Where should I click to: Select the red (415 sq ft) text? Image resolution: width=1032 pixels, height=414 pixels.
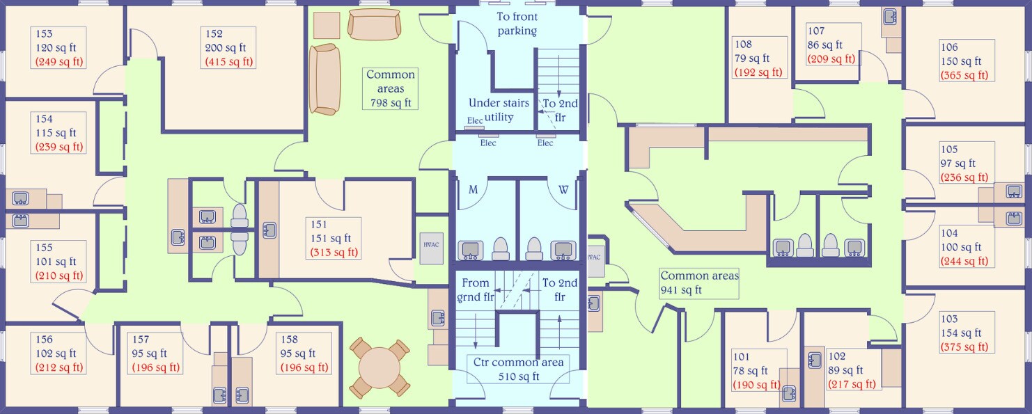(x=229, y=62)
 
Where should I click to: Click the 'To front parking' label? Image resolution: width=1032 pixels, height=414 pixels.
(x=517, y=24)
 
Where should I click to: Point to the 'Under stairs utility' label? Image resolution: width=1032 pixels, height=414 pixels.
(x=499, y=110)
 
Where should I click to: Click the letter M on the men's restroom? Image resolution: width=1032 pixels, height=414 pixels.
(x=473, y=189)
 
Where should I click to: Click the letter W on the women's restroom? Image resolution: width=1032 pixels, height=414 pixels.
(x=563, y=189)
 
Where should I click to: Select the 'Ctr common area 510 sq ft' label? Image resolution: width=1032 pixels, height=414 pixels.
(x=518, y=369)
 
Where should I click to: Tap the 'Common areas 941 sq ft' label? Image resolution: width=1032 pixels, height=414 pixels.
(x=699, y=283)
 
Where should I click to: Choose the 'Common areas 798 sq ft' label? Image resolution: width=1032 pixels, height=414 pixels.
(x=391, y=88)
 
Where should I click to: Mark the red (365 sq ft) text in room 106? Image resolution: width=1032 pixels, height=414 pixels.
(x=964, y=75)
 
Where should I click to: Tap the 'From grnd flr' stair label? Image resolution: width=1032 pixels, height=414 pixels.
(x=476, y=290)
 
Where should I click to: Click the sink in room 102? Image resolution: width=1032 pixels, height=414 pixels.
(x=815, y=360)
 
